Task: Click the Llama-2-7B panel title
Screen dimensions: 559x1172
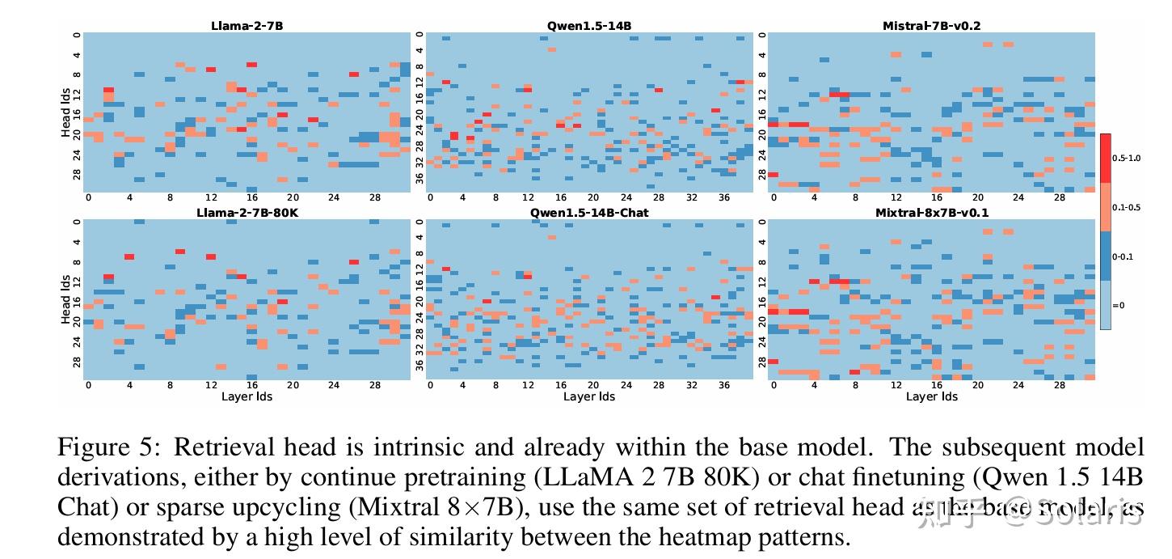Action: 247,26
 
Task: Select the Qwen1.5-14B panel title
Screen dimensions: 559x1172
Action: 589,26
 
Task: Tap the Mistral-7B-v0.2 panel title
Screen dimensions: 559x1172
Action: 931,26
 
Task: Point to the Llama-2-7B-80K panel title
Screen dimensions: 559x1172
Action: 247,213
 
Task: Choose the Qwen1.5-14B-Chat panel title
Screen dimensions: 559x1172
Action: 589,213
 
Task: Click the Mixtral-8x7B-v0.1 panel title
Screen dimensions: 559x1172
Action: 931,213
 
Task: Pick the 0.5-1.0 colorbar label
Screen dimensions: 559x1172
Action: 1127,158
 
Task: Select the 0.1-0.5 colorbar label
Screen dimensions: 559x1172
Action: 1127,207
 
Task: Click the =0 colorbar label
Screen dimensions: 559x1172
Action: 1119,305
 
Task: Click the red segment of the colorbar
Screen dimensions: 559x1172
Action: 1105,158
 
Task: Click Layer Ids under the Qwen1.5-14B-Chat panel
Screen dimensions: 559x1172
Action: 589,396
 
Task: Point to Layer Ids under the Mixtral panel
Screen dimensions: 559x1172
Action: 931,396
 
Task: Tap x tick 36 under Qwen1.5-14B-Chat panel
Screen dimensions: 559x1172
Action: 724,385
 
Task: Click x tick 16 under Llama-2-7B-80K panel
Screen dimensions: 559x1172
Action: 251,385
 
